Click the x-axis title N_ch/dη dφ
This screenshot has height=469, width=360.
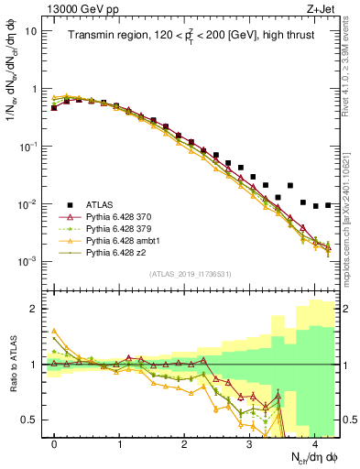tap(307, 456)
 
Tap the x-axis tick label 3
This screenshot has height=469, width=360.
tap(249, 443)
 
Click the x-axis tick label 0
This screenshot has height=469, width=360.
tap(55, 443)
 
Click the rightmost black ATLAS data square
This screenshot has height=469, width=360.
tap(328, 205)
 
